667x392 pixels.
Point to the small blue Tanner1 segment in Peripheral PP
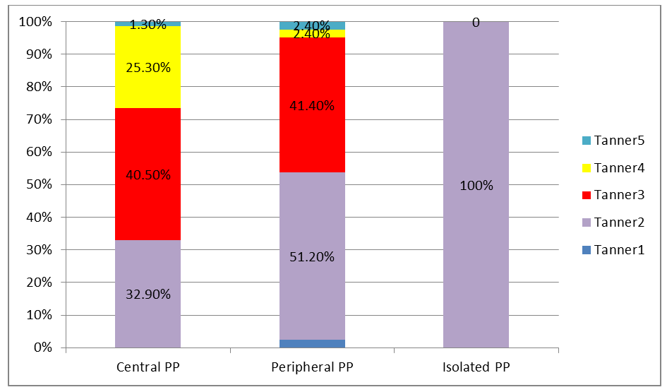[312, 343]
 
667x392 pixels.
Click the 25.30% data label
[148, 68]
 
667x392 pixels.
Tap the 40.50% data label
[148, 174]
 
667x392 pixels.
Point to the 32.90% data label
[148, 295]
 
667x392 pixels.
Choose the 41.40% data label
[312, 106]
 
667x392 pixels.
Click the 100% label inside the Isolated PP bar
[476, 186]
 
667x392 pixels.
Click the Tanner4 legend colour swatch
[587, 168]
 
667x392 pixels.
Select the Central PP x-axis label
[148, 367]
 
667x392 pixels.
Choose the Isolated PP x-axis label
[476, 367]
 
